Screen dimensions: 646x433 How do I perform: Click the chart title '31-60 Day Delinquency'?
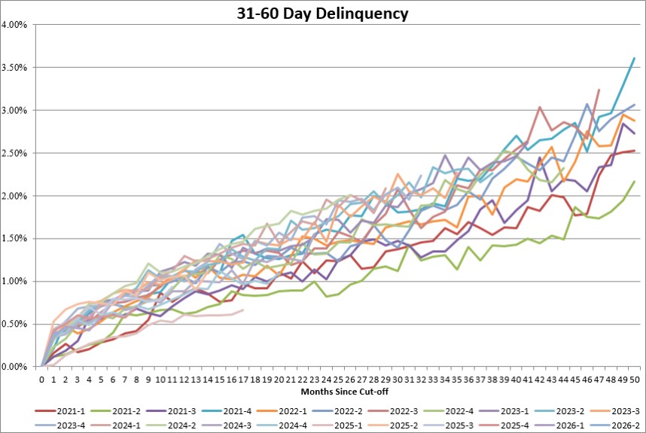322,14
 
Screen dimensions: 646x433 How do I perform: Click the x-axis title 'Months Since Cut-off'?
344,392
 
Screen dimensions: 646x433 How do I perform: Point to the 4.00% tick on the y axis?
14,25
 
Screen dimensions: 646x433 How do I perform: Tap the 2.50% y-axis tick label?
14,154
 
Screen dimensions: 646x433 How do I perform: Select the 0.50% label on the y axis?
14,325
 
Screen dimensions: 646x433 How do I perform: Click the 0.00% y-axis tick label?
14,367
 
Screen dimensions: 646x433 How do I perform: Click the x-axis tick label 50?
635,380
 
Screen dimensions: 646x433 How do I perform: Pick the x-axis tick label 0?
41,380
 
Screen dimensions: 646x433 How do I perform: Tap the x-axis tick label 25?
338,380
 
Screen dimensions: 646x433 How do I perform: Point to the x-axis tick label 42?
540,380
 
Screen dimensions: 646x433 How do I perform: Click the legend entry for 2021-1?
60,411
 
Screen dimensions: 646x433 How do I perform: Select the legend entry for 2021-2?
115,411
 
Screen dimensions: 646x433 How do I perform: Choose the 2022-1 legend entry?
282,411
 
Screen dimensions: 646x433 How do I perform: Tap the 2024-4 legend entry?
282,425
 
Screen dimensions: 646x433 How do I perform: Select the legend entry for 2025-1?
337,425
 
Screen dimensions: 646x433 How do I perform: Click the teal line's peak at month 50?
635,58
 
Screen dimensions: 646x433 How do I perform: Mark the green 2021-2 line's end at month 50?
635,181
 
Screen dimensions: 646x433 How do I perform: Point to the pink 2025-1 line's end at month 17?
243,310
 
